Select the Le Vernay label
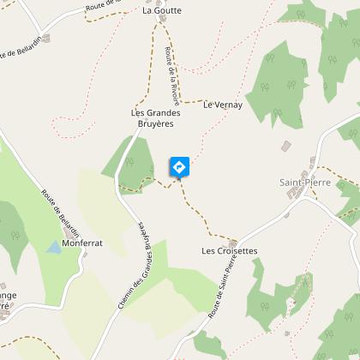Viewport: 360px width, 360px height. point(223,105)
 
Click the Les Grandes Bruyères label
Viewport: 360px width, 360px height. point(153,118)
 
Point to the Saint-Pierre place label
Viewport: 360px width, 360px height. point(299,182)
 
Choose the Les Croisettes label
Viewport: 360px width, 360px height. point(229,251)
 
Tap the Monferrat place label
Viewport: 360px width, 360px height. point(82,243)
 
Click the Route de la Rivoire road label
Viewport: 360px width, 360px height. point(171,70)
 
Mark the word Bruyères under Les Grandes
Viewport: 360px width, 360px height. point(153,124)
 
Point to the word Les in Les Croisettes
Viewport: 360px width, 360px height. point(207,251)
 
